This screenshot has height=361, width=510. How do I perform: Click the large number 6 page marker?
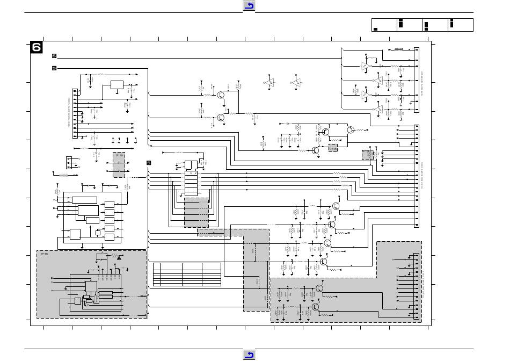point(37,48)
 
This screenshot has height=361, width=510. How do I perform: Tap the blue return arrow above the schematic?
point(249,6)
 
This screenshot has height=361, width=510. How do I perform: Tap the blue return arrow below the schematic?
point(249,355)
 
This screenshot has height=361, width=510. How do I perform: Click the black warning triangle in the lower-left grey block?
point(119,257)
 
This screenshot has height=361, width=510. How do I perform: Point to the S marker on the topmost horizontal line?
point(54,56)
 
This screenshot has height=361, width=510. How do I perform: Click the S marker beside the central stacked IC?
point(149,163)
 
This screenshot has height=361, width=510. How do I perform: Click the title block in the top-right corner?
point(422,25)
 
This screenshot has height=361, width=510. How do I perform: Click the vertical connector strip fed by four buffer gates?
point(416,80)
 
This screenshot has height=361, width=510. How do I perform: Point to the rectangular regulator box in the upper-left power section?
point(117,85)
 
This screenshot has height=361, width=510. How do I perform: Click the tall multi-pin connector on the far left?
point(73,113)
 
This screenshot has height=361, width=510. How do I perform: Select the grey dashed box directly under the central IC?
point(196,213)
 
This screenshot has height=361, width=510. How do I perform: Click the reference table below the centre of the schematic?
point(187,274)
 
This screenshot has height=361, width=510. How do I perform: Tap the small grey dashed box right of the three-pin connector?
point(119,165)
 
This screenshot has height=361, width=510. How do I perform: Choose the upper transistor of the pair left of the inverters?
point(221,95)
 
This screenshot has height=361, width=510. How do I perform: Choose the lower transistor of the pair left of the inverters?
point(221,117)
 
